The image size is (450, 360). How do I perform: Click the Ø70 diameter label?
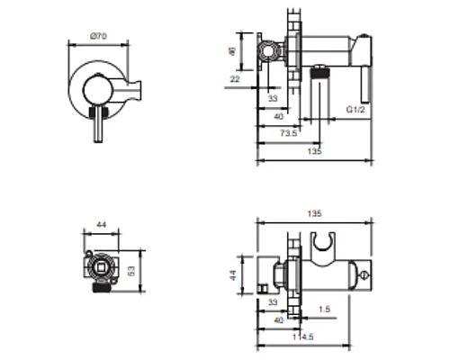point(98,36)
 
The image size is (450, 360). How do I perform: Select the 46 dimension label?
point(232,51)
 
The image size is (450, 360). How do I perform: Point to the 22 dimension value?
point(235,79)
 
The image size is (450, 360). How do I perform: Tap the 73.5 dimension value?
point(288,133)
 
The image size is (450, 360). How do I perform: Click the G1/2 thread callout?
point(355,110)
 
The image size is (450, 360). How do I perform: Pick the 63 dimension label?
point(131,271)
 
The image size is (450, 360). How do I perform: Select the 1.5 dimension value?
point(324,309)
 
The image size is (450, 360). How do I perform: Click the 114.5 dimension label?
point(303,337)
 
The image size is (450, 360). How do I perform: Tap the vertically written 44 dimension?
point(233,275)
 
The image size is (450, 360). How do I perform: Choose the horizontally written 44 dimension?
point(101,224)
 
